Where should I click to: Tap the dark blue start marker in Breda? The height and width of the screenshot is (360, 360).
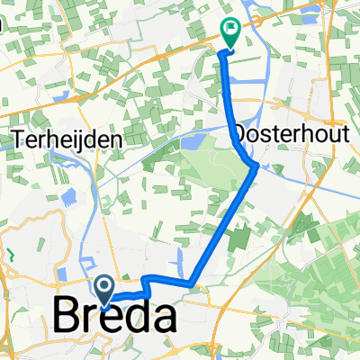(105, 288)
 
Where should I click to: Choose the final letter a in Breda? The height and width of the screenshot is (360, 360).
(159, 318)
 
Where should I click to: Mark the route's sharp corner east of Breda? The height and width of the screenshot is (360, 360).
(191, 284)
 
